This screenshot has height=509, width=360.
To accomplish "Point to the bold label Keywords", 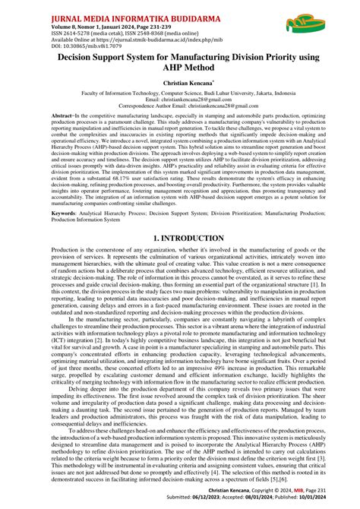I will (x=66, y=213).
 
